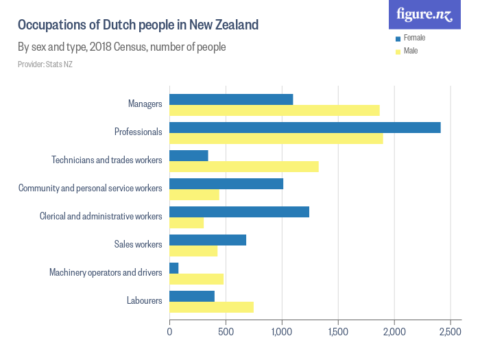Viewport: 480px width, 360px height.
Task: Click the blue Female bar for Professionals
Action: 304,128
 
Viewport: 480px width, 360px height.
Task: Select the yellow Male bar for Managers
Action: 274,110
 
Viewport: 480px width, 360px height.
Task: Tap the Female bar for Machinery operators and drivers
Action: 174,267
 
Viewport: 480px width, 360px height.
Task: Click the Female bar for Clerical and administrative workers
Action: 239,212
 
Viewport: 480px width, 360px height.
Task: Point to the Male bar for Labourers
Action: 211,307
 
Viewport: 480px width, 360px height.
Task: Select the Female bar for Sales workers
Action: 208,240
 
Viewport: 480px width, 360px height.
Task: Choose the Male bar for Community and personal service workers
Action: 194,195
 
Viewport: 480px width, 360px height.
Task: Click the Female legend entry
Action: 414,38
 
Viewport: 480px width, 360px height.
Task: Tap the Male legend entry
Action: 411,51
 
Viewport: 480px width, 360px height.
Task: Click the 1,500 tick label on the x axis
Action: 338,333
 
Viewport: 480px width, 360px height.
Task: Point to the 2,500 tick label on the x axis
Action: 450,333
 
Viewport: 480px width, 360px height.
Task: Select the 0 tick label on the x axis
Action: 169,333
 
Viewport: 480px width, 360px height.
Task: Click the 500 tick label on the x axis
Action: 226,333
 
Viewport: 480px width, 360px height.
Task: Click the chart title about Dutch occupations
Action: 138,25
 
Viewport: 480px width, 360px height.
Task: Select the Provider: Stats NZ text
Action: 45,64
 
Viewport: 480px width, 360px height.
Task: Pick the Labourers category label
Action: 144,300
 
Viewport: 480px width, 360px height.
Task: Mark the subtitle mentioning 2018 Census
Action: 121,47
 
